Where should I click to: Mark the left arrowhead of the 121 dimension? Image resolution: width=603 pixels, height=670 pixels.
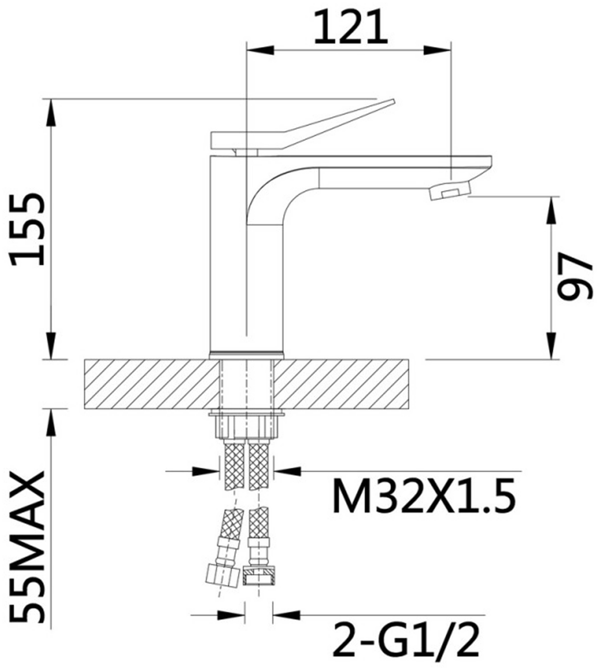262,50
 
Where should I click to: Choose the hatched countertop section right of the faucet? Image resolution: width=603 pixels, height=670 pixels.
341,384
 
